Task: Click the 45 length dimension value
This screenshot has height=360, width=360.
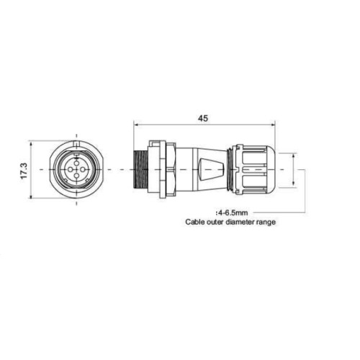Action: point(202,118)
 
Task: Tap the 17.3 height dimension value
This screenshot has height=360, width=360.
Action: point(24,171)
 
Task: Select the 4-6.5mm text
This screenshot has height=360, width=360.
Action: point(232,212)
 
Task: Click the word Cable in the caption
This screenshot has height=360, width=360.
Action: point(193,222)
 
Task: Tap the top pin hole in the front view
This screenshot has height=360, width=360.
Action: point(76,163)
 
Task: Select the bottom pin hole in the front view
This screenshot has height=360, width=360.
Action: point(76,176)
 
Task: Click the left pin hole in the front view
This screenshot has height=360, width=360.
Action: point(70,170)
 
